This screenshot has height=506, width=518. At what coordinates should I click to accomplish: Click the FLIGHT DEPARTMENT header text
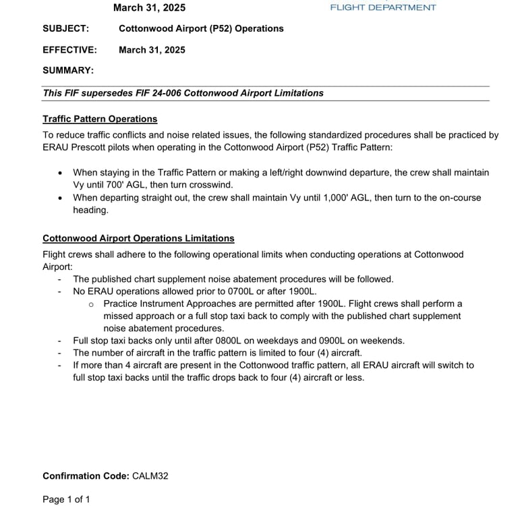click(382, 7)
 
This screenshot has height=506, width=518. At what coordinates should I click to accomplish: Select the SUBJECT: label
click(65, 28)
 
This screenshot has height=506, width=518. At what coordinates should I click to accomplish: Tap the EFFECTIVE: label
click(69, 50)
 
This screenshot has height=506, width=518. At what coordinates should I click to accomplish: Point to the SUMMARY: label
click(68, 70)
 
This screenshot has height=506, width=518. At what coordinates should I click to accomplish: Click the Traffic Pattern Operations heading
click(100, 119)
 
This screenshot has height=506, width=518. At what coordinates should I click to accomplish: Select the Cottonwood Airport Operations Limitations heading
click(138, 238)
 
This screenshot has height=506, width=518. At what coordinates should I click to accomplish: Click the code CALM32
click(150, 476)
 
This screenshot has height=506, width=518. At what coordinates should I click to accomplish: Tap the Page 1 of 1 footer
click(66, 499)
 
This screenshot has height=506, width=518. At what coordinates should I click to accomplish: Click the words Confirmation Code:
click(86, 476)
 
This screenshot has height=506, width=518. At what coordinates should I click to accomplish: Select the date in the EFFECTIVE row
click(152, 50)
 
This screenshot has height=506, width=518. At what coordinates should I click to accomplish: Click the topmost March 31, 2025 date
click(149, 7)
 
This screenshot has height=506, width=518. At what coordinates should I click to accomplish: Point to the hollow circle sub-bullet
click(91, 304)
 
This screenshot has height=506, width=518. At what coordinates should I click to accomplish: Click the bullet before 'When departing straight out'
click(61, 198)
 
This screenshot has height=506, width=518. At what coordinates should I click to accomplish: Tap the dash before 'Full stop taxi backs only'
click(59, 341)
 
